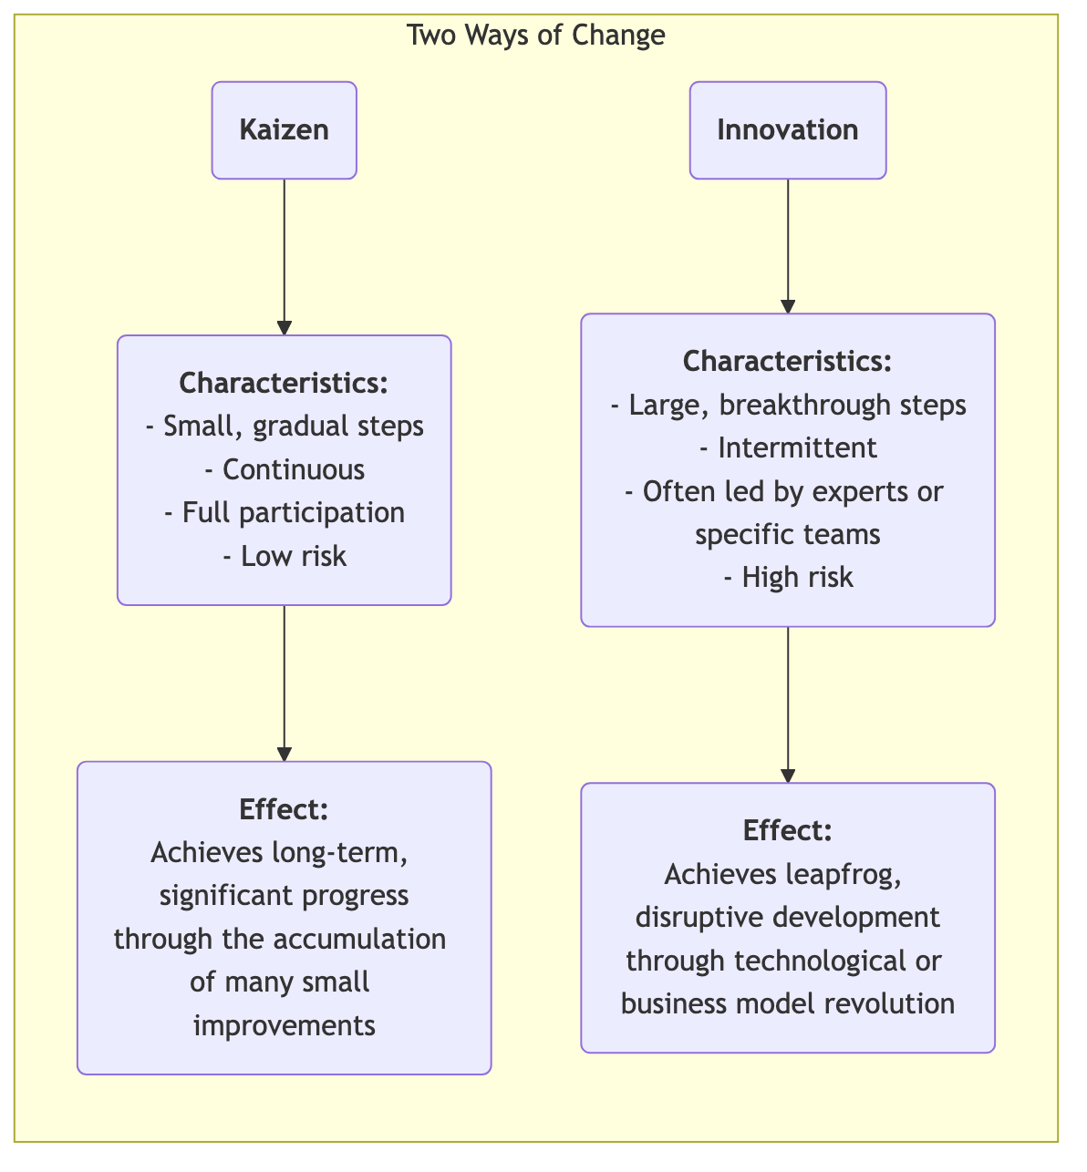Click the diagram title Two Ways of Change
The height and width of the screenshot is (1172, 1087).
[535, 36]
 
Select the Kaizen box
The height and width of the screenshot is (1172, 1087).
[284, 130]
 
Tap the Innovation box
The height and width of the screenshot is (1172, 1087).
[787, 130]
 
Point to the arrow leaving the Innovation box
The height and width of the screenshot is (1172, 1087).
[788, 246]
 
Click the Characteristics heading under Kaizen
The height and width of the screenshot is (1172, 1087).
[284, 383]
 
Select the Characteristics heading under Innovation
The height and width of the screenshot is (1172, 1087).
[787, 361]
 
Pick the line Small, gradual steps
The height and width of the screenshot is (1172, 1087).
[285, 426]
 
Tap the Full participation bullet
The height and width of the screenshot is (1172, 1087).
[285, 512]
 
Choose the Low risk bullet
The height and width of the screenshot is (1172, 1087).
[285, 556]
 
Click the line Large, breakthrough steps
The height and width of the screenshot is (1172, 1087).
[788, 405]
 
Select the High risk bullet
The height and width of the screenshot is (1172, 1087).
[788, 577]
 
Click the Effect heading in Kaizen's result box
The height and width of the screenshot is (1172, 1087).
[284, 808]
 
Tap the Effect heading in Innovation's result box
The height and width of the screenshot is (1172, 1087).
[787, 830]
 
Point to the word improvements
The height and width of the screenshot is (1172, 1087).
[285, 1025]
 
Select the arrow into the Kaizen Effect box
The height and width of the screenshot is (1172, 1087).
[285, 684]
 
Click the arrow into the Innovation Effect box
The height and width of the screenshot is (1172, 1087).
[788, 704]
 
